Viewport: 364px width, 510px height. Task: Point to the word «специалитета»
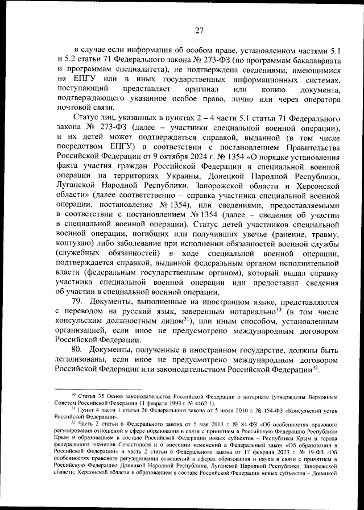146,69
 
